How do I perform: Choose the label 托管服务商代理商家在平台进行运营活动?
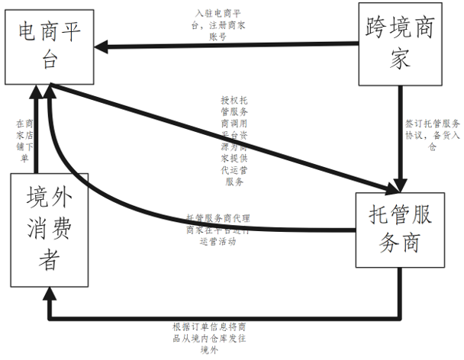221,229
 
